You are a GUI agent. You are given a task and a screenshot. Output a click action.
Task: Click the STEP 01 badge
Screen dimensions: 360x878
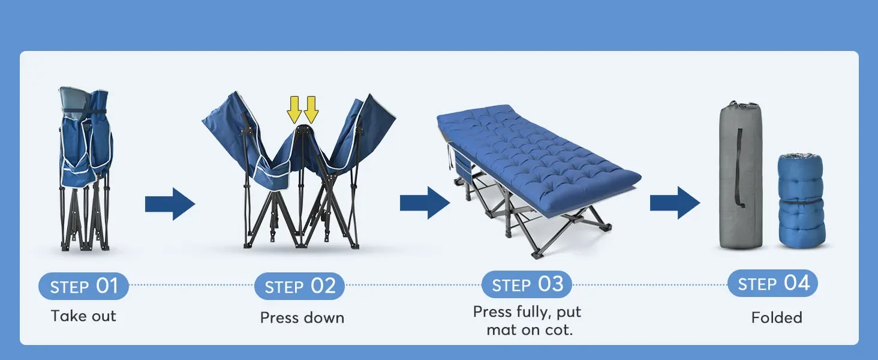tap(83, 286)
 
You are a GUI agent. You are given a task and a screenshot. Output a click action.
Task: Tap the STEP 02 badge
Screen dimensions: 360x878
tap(299, 286)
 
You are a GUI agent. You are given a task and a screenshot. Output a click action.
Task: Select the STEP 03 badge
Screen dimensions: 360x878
tap(527, 284)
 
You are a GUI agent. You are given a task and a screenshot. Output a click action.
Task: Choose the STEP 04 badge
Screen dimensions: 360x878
tap(772, 283)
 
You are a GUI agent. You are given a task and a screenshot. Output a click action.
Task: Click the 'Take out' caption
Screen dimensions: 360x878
tap(83, 316)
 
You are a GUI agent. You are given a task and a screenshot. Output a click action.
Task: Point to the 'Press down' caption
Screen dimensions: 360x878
tap(302, 317)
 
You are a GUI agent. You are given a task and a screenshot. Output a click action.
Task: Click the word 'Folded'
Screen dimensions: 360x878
tap(776, 317)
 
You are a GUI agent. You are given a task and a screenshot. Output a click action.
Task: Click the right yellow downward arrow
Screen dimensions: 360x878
tap(311, 109)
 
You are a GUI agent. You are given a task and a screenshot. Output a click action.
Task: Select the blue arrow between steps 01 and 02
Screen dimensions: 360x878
tap(170, 204)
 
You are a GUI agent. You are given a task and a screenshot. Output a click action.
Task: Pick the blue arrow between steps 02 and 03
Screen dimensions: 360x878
tap(425, 203)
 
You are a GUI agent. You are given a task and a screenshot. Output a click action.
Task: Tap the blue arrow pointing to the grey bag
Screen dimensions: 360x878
tap(675, 203)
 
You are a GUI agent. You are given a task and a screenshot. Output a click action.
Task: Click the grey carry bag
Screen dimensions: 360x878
tap(741, 180)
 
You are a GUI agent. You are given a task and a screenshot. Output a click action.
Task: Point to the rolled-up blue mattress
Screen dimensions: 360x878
tap(801, 201)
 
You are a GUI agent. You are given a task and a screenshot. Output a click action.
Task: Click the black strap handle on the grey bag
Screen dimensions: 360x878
tap(740, 168)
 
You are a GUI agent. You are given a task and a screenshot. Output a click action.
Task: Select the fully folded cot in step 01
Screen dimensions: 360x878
tap(86, 168)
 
